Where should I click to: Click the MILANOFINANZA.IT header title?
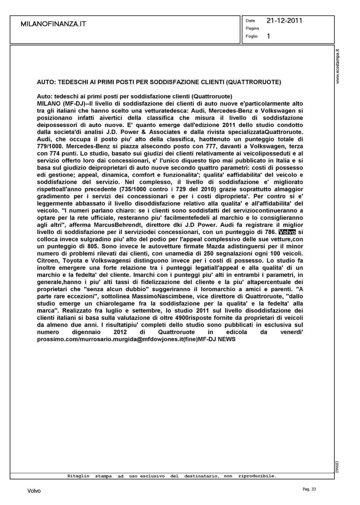(x=53, y=24)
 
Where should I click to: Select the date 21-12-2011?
(x=284, y=21)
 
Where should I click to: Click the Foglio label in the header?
(x=252, y=36)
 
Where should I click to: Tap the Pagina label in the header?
(x=252, y=28)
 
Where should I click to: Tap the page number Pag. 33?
(x=309, y=489)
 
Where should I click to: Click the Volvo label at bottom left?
(x=34, y=491)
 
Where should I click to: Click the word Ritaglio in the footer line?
(x=78, y=476)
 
